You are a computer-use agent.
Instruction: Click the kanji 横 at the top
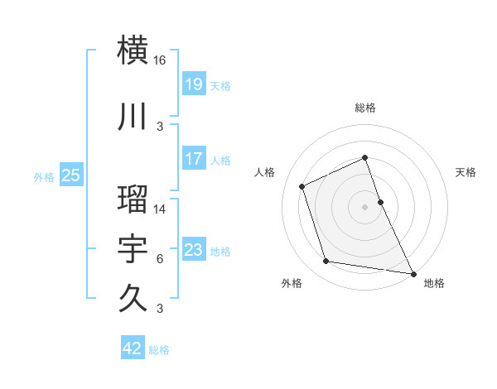pos(133,49)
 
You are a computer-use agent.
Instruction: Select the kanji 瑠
pos(133,199)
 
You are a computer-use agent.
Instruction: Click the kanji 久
pos(133,295)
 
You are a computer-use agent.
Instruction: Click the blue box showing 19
pos(193,84)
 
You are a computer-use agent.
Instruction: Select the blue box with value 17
pos(193,158)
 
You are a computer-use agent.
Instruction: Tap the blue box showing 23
pos(193,249)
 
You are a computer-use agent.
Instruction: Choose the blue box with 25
pos(71,175)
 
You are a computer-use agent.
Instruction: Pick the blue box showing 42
pos(133,348)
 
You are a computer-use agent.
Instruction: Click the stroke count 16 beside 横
pos(160,60)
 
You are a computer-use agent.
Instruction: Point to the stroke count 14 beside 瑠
pos(160,209)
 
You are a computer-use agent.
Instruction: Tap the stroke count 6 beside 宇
pos(160,259)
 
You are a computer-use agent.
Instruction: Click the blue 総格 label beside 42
pos(159,350)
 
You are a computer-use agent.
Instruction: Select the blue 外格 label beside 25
pos(44,176)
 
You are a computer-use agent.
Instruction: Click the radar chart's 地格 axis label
pos(434,283)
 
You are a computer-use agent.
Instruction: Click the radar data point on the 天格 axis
pos(380,201)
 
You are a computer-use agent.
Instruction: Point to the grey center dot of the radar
pos(364,206)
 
